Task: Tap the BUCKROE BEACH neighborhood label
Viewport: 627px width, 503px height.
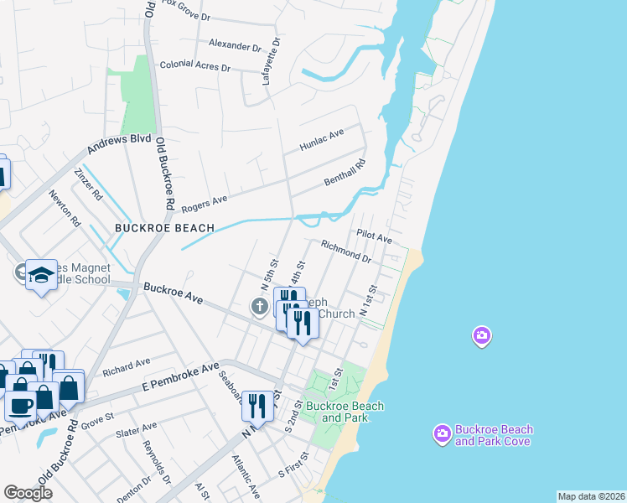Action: tap(164, 227)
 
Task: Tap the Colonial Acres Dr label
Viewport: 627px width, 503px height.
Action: tap(194, 65)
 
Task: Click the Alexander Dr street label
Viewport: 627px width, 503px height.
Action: tap(230, 44)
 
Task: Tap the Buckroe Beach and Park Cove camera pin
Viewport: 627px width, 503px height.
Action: tap(442, 433)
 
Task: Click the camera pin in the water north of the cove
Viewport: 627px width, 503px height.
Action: tap(481, 336)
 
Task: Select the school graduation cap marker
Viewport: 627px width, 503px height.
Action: tap(39, 276)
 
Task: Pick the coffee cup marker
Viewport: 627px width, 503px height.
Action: tap(21, 406)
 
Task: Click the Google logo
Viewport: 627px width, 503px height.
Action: tap(28, 493)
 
